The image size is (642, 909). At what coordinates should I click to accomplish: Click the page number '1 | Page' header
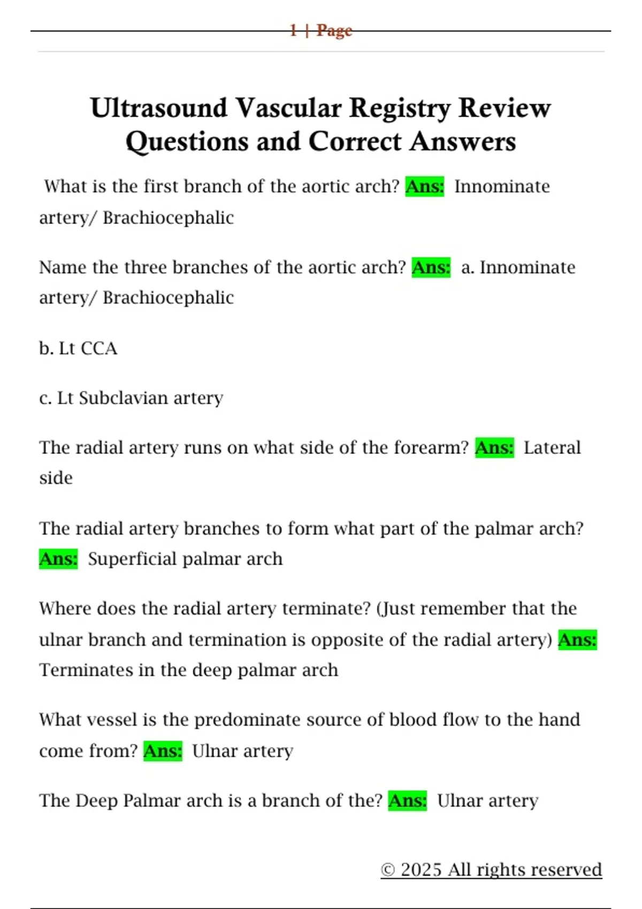pyautogui.click(x=320, y=30)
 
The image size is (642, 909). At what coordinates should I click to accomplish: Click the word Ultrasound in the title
pyautogui.click(x=159, y=109)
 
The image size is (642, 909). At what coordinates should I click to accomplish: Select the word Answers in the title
pyautogui.click(x=463, y=142)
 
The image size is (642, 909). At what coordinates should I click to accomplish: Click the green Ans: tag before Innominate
pyautogui.click(x=425, y=187)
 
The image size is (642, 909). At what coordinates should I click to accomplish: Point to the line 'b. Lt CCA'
pyautogui.click(x=78, y=349)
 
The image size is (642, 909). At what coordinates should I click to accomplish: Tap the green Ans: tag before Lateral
pyautogui.click(x=494, y=448)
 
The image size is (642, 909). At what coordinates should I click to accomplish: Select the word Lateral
pyautogui.click(x=552, y=448)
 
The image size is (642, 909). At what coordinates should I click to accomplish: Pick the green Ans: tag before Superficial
pyautogui.click(x=58, y=559)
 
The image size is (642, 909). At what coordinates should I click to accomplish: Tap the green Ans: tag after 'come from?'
pyautogui.click(x=163, y=751)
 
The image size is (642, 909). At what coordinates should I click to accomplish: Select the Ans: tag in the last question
pyautogui.click(x=408, y=800)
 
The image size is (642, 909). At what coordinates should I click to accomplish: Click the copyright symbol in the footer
pyautogui.click(x=388, y=870)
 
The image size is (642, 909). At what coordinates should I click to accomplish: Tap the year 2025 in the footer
pyautogui.click(x=421, y=870)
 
